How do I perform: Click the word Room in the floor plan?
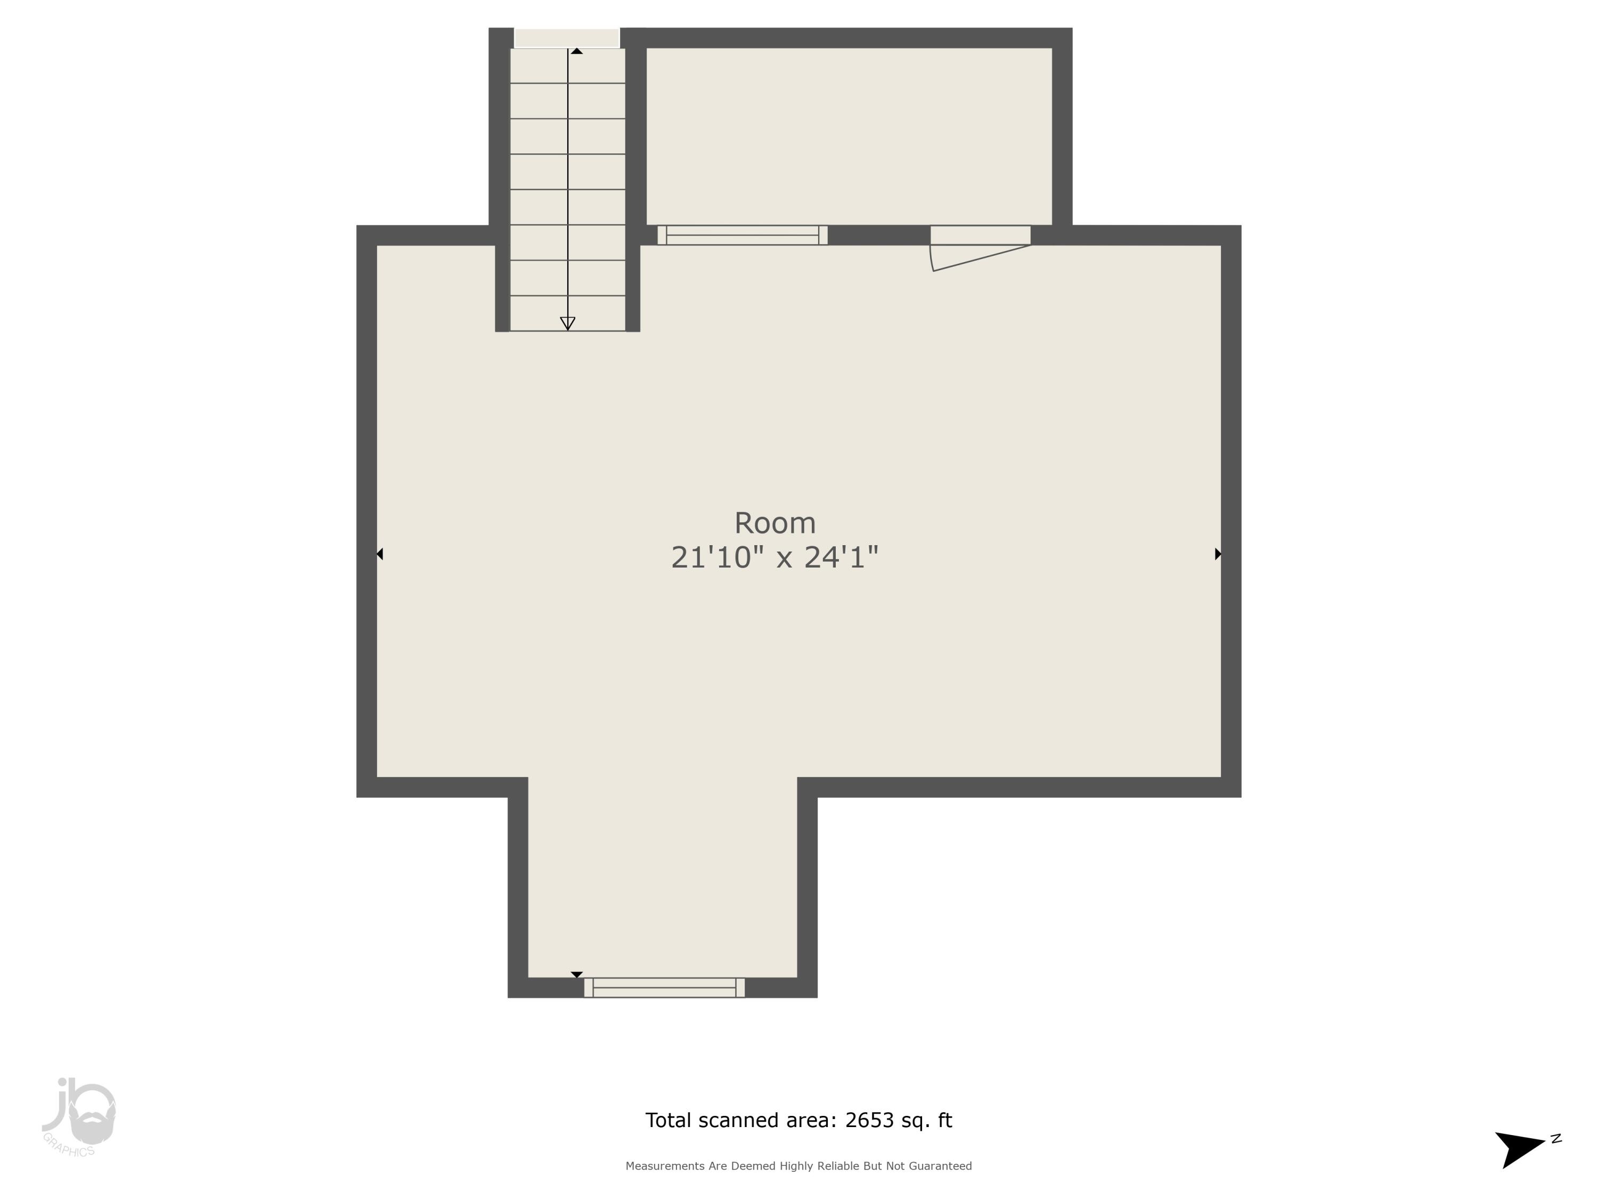(x=774, y=523)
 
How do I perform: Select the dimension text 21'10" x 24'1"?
(x=774, y=558)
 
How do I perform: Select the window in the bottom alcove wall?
(x=664, y=987)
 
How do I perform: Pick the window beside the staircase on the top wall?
(x=743, y=235)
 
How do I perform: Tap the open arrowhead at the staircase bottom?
(x=568, y=323)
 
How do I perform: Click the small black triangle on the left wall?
(x=380, y=554)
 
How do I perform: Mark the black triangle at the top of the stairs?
(x=576, y=51)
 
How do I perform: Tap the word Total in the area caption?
(x=667, y=1120)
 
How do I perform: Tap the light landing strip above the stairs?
(x=567, y=38)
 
